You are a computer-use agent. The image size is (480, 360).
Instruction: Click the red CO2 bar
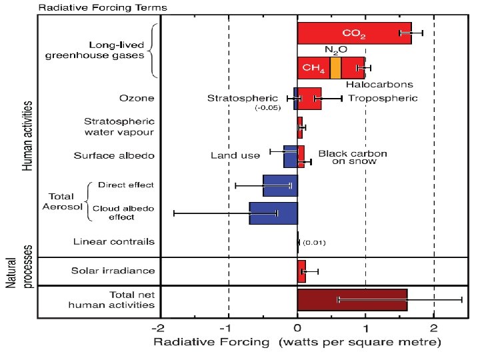tap(354, 33)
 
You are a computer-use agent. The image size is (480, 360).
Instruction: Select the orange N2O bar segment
tap(335, 68)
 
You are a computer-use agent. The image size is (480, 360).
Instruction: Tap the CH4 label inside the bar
tap(313, 68)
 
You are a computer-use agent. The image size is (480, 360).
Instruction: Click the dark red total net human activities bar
tap(352, 300)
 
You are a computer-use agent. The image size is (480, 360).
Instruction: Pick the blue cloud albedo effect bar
tap(273, 213)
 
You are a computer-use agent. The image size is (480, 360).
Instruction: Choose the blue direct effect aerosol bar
tap(280, 185)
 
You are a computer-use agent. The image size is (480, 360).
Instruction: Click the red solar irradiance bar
tap(301, 271)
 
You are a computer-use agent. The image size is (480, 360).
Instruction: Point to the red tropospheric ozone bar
tap(309, 99)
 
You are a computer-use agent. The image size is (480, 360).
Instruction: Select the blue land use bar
tap(291, 157)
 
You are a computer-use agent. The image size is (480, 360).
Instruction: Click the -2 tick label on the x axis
tap(158, 329)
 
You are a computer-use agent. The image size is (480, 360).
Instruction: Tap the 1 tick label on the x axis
tap(366, 329)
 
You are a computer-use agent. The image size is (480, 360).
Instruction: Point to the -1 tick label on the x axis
tap(226, 329)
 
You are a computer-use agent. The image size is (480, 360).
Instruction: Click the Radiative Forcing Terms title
tap(103, 7)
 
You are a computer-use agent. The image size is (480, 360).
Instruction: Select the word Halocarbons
tap(379, 85)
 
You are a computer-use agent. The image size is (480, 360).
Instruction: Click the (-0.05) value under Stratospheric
tap(268, 108)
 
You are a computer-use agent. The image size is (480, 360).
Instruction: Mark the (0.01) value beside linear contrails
tap(314, 243)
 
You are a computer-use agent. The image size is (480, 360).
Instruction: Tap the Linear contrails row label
tap(114, 241)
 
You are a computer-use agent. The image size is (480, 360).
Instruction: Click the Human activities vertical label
tap(27, 136)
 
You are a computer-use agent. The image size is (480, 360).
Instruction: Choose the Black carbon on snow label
tap(353, 157)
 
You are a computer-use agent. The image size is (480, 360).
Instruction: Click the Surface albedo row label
tap(114, 155)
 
